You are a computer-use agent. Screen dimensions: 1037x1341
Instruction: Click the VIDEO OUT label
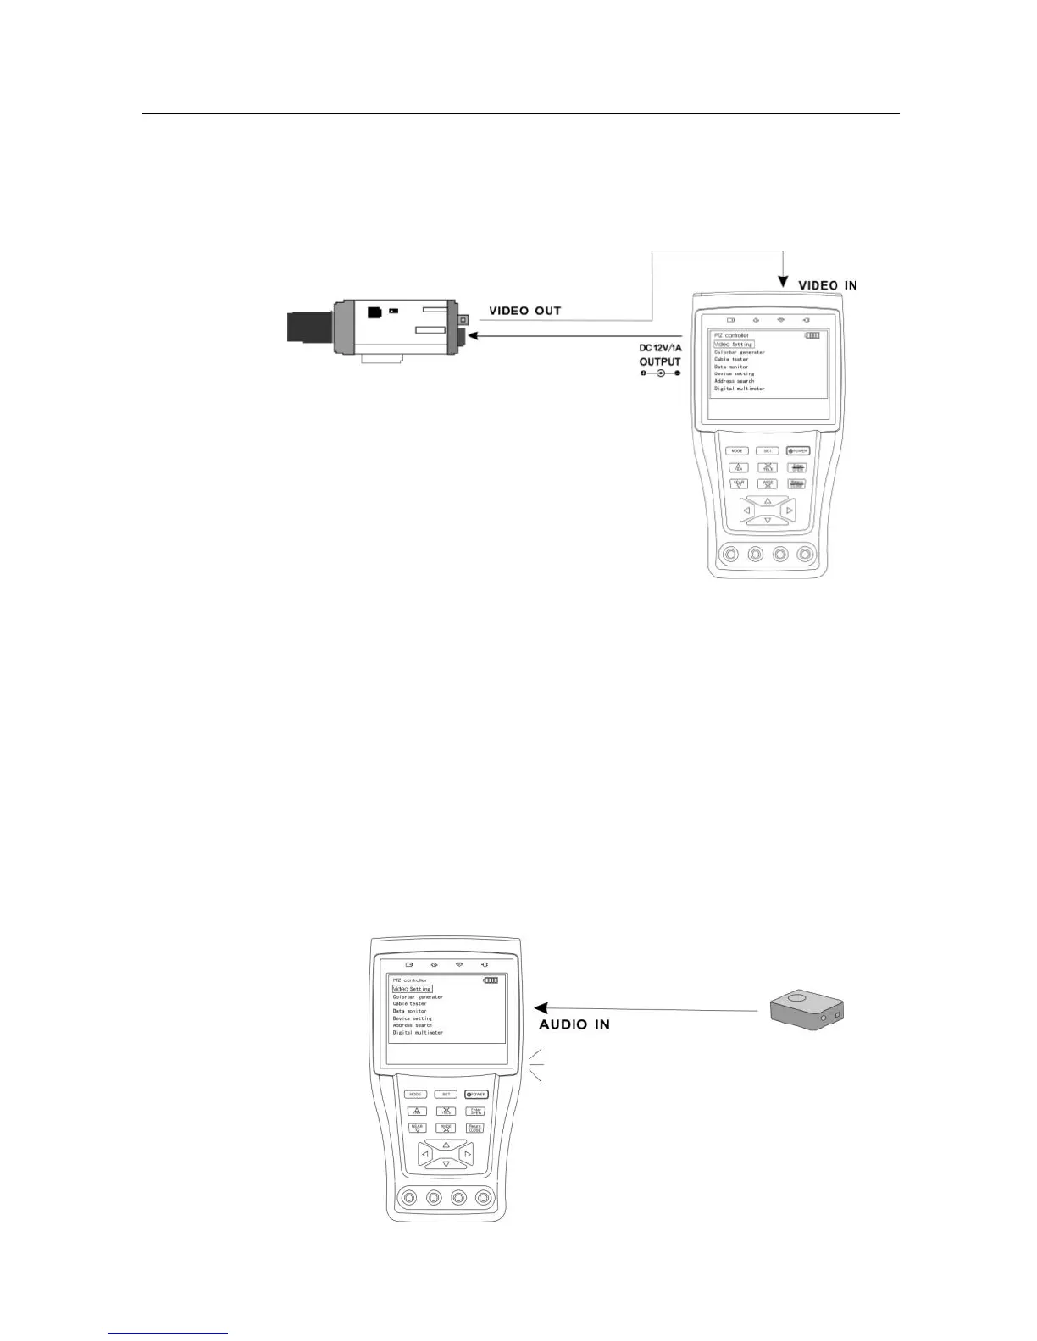(x=525, y=311)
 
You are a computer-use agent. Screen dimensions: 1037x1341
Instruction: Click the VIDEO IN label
(x=827, y=285)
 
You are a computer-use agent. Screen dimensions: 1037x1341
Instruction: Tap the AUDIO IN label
(x=574, y=1024)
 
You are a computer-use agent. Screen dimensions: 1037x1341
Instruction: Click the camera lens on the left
(x=309, y=327)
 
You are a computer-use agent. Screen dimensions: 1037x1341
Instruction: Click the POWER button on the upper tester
(x=797, y=450)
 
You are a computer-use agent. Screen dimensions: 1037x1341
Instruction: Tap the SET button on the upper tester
(x=768, y=450)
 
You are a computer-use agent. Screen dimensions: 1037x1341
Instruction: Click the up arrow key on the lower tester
(x=446, y=1145)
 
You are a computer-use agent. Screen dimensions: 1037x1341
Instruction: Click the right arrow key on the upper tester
(x=789, y=510)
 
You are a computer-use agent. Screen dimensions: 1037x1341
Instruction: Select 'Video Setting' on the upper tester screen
(x=734, y=345)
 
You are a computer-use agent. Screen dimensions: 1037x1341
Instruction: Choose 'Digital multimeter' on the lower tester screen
(x=418, y=1033)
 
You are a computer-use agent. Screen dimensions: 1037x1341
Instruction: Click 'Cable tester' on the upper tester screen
(x=731, y=359)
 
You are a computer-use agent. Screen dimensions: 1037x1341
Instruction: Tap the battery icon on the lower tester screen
(x=491, y=980)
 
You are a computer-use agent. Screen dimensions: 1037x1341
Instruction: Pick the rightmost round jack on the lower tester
(x=484, y=1198)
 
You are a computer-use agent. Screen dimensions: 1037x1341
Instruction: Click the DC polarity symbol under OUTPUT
(x=660, y=373)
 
